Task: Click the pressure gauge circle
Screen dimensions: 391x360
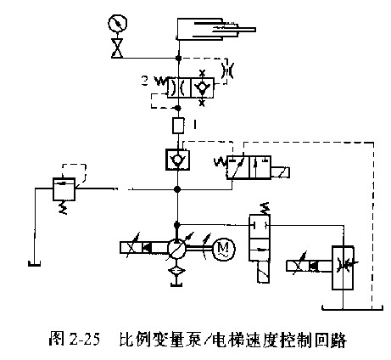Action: (118, 23)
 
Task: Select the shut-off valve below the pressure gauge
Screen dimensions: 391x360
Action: (117, 48)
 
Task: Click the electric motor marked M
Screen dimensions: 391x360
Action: (224, 249)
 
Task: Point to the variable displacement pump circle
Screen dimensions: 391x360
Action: (177, 249)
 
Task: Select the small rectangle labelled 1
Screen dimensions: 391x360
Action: (178, 126)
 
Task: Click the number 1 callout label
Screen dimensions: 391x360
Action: (194, 125)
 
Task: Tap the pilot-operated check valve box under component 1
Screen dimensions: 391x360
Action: (177, 160)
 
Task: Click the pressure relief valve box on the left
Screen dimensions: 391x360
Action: (64, 189)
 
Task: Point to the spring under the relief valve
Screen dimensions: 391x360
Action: (64, 207)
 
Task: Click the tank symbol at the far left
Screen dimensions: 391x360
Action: (35, 264)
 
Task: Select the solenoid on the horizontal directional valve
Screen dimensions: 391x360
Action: (280, 172)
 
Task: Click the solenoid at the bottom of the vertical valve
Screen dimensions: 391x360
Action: (263, 272)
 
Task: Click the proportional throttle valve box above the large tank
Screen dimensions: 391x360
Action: (343, 267)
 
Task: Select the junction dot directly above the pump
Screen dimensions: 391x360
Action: (177, 225)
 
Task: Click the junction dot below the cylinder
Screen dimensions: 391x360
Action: (179, 58)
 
